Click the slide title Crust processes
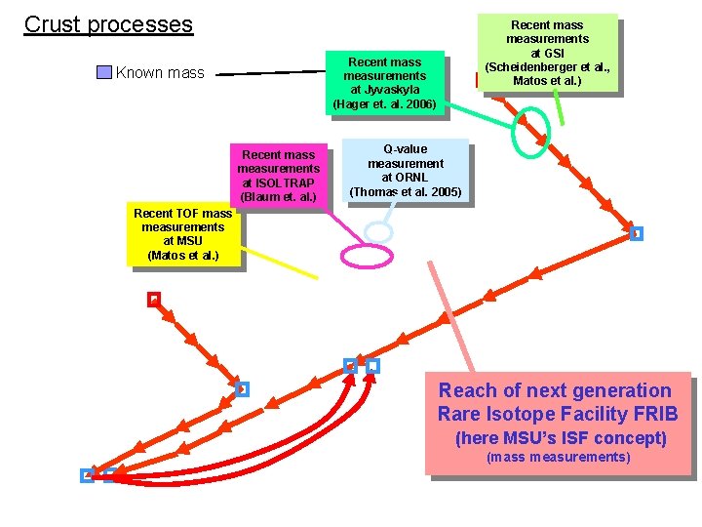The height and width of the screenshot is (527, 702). (x=108, y=24)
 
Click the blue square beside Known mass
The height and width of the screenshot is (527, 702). (x=104, y=72)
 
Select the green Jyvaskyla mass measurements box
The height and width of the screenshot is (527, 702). (x=385, y=82)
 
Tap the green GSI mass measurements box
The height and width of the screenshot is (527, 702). (x=547, y=53)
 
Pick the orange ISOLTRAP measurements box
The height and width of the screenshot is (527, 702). (x=278, y=176)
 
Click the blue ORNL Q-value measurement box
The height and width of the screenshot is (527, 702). (x=406, y=171)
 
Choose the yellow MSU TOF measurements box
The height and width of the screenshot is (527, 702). (x=183, y=234)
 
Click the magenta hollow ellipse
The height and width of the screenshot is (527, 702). (x=367, y=255)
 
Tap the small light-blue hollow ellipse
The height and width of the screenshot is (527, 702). (x=377, y=231)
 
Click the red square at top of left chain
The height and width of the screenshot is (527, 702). (x=153, y=300)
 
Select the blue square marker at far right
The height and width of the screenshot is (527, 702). (x=636, y=233)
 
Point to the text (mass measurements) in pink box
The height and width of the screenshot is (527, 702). (x=559, y=458)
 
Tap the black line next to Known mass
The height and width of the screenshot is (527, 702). (x=270, y=71)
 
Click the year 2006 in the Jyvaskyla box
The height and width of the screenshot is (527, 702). (x=420, y=103)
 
